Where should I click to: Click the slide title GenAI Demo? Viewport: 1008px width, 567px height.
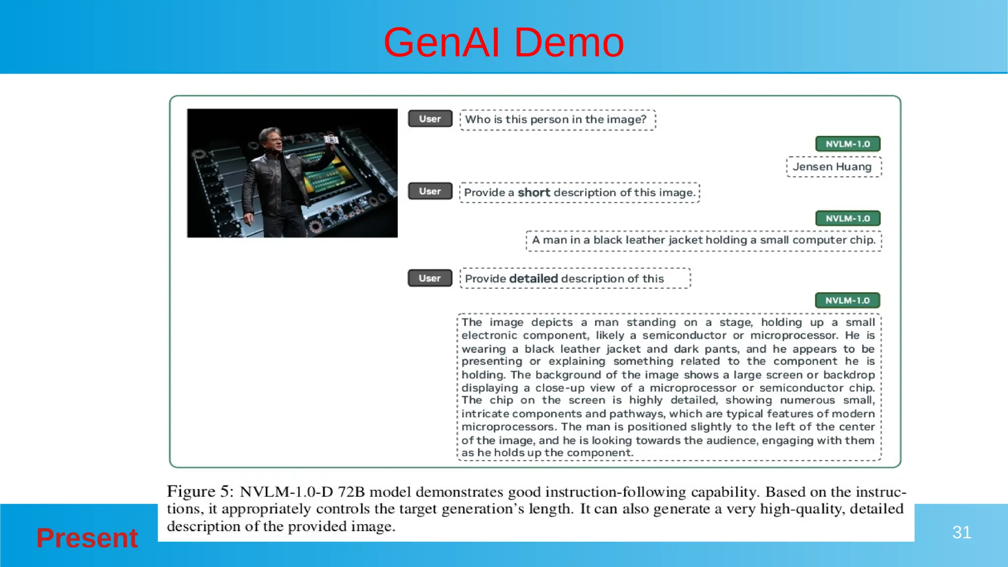click(504, 42)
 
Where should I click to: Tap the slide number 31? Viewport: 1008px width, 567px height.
click(961, 532)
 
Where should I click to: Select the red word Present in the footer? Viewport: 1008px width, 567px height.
click(87, 537)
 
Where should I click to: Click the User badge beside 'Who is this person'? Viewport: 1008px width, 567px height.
click(430, 119)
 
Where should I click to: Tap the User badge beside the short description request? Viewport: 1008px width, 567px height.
click(430, 191)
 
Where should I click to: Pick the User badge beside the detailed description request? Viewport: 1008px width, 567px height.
click(430, 278)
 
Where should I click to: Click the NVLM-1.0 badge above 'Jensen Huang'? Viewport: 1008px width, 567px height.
click(848, 144)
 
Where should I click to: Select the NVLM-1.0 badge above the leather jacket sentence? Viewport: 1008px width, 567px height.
click(848, 218)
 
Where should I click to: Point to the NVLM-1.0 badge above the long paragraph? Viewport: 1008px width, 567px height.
click(847, 300)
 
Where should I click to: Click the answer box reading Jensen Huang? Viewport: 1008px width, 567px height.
click(833, 167)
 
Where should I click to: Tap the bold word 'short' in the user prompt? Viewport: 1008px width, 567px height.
click(534, 192)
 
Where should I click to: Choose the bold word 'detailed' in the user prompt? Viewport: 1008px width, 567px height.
click(534, 279)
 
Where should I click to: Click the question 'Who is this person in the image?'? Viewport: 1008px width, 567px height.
click(556, 120)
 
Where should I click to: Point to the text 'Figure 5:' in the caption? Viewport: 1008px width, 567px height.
click(198, 492)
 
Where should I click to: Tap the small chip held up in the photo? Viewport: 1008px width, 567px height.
click(331, 140)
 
